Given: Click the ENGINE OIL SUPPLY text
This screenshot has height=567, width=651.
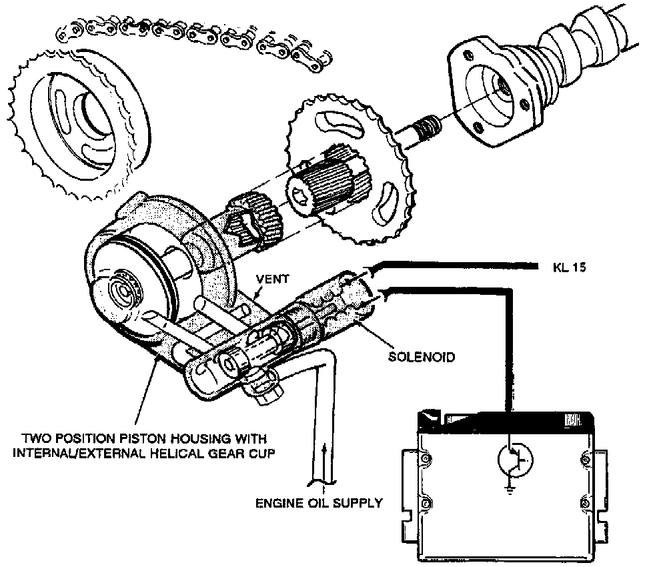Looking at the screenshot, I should click(319, 503).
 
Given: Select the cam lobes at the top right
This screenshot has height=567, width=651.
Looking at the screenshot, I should click(587, 40).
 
